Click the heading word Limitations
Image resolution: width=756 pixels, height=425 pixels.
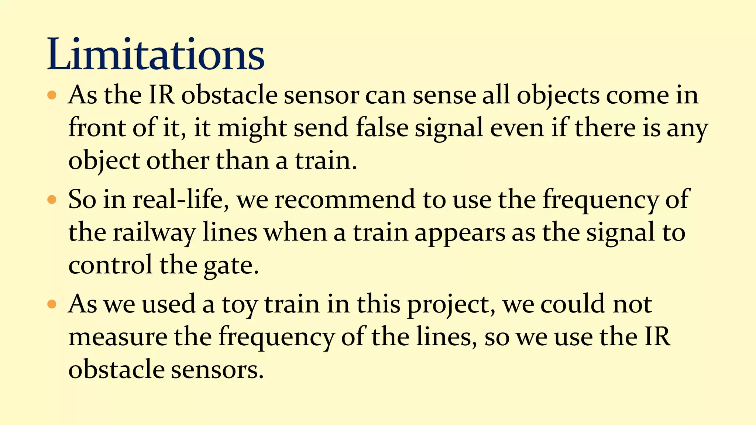pyautogui.click(x=156, y=54)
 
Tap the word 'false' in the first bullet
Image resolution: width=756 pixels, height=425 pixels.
pyautogui.click(x=382, y=128)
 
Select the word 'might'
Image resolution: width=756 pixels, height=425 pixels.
pyautogui.click(x=252, y=129)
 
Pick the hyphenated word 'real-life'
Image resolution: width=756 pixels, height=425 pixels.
pyautogui.click(x=181, y=200)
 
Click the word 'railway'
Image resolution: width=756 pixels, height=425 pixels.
pyautogui.click(x=154, y=233)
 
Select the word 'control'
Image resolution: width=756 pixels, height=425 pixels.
pyautogui.click(x=110, y=265)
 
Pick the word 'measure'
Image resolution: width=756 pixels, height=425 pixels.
pyautogui.click(x=118, y=337)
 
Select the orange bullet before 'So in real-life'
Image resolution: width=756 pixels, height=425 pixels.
pyautogui.click(x=52, y=200)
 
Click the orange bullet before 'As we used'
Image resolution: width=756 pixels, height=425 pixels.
pyautogui.click(x=52, y=304)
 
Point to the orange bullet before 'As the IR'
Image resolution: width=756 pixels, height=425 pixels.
pyautogui.click(x=52, y=95)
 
